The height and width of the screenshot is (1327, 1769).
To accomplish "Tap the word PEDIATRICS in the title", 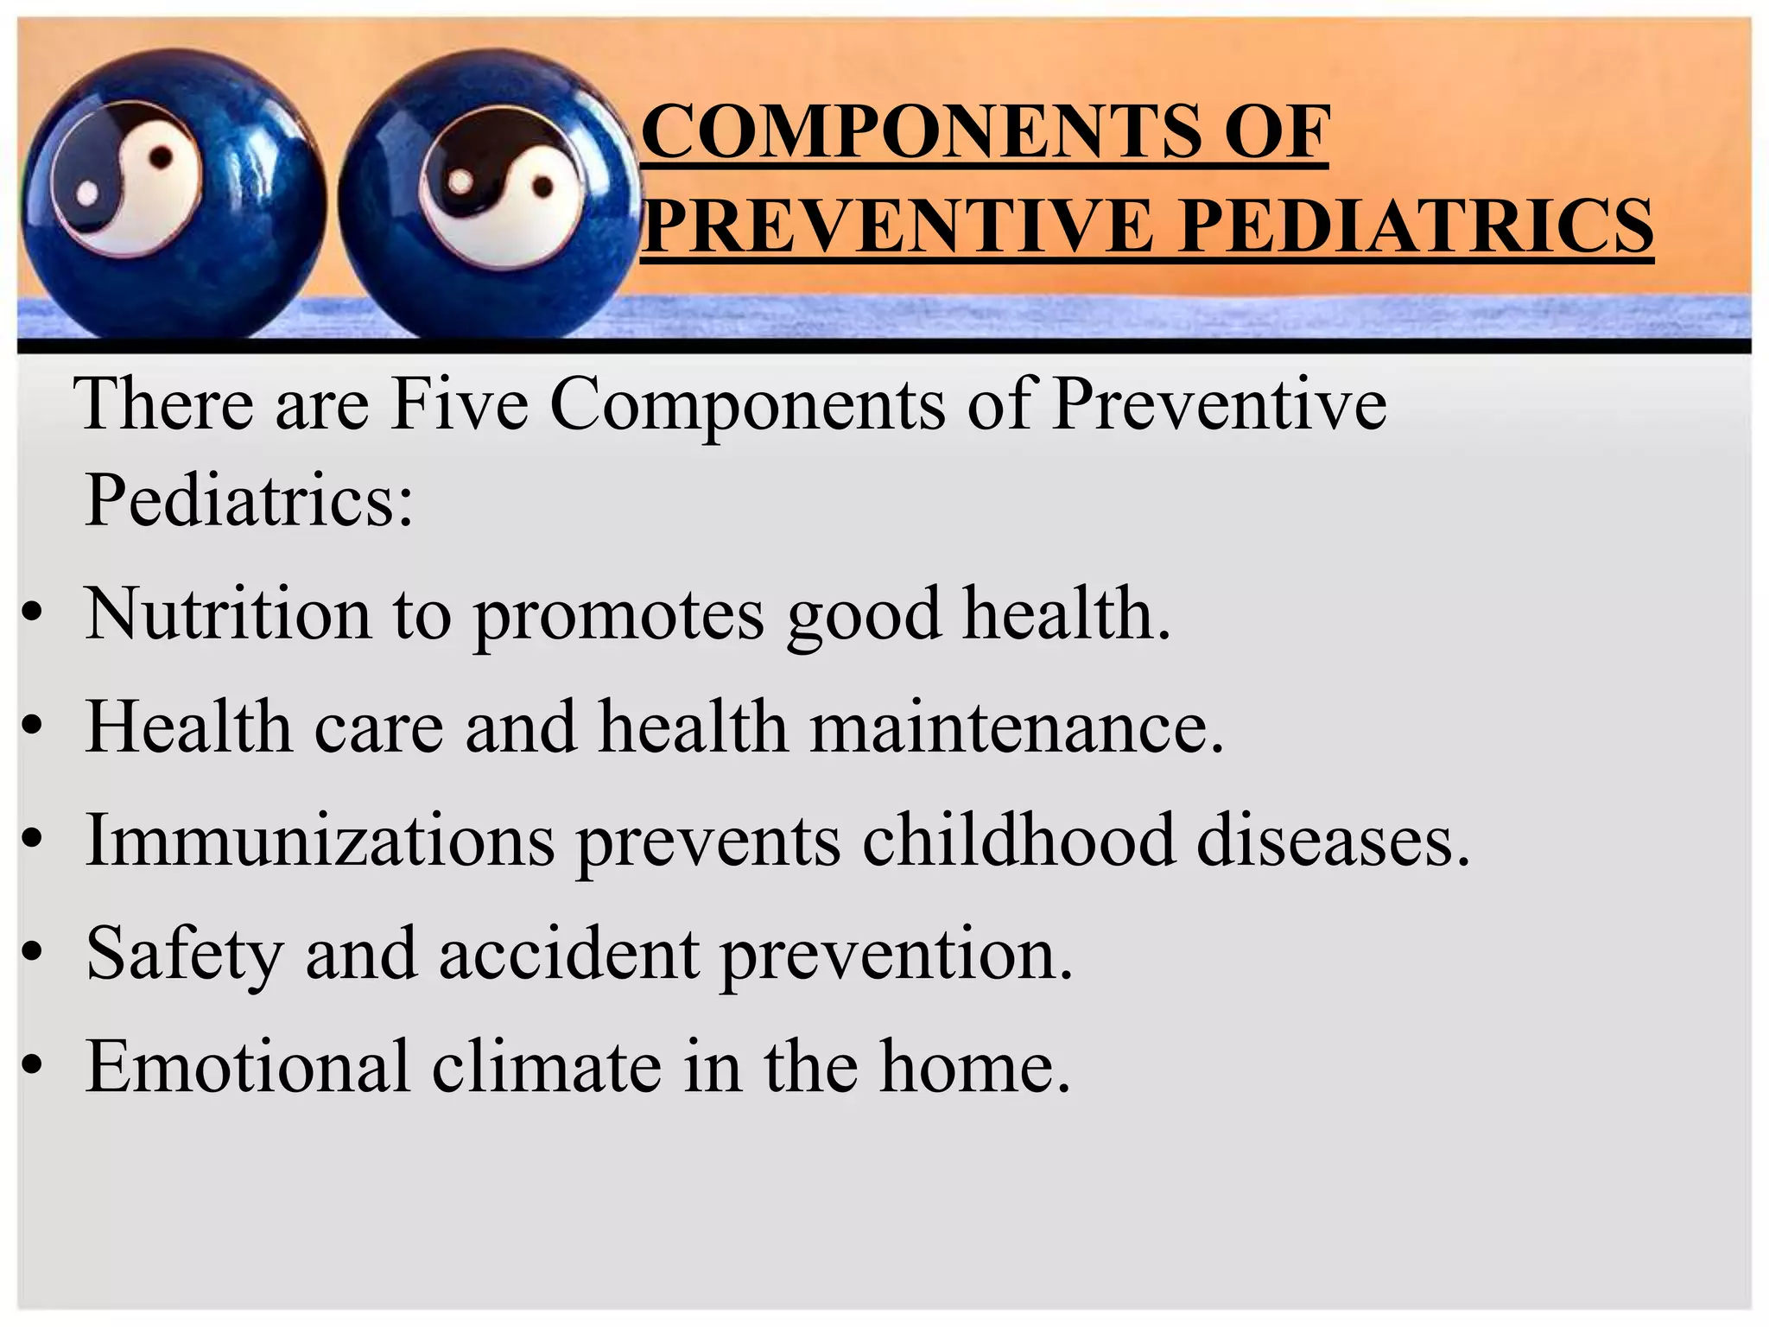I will (1416, 226).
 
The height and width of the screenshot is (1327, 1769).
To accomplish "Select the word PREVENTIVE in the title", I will (898, 226).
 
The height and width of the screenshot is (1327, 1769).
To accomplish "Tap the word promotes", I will (618, 617).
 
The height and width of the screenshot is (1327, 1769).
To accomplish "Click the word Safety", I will (184, 956).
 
